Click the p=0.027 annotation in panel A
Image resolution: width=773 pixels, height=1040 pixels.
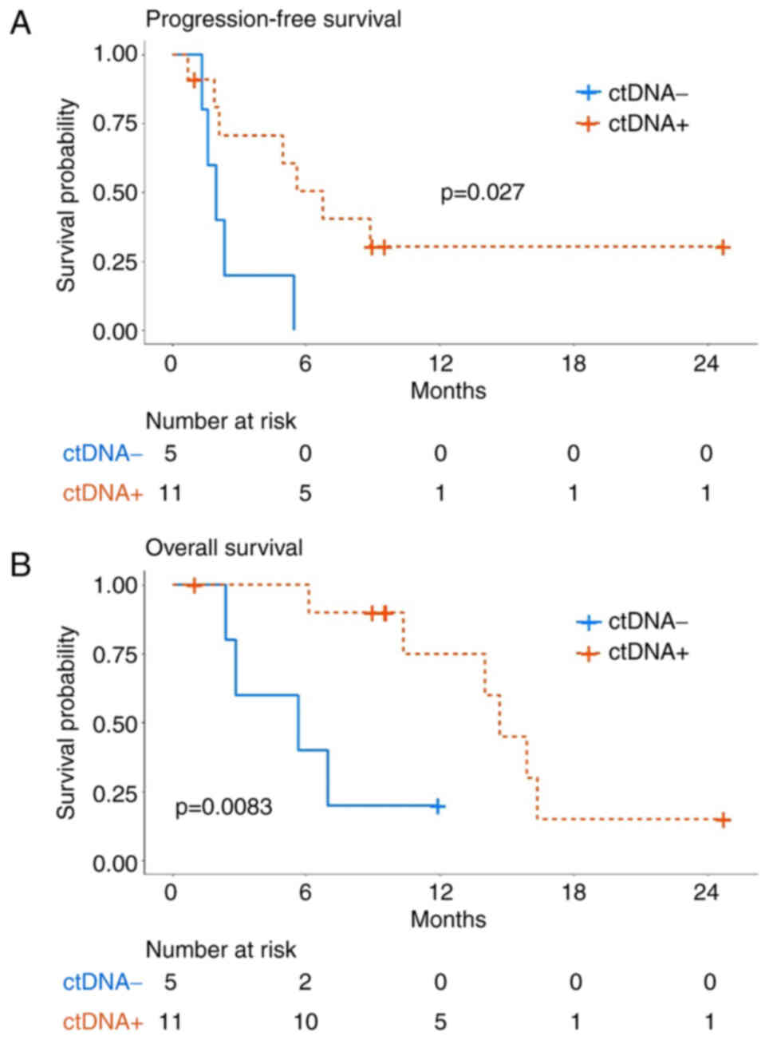pos(482,192)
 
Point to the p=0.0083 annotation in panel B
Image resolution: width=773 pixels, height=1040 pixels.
pos(223,807)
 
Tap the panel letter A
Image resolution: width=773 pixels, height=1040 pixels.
pos(19,22)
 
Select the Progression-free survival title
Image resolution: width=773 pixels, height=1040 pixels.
pos(273,18)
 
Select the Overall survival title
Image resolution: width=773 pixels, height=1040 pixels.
pos(223,548)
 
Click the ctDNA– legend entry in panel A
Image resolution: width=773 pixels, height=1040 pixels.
pos(632,93)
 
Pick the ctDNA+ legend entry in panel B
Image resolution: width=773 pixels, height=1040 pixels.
pos(632,654)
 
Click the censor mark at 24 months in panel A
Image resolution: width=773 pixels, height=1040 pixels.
pos(722,247)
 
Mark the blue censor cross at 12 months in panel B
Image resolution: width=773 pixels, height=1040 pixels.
pos(437,806)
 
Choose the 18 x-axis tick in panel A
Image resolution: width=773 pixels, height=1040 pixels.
pos(574,363)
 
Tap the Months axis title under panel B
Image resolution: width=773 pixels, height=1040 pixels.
pos(448,919)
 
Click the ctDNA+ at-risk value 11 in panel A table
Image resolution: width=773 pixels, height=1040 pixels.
pos(171,493)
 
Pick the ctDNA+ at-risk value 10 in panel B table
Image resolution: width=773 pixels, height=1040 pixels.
pos(305,1022)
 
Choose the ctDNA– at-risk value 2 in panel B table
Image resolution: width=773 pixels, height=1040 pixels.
pos(305,982)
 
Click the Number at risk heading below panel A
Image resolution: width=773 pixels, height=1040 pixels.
pos(220,421)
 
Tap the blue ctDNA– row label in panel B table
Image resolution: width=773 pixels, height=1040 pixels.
pos(102,982)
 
